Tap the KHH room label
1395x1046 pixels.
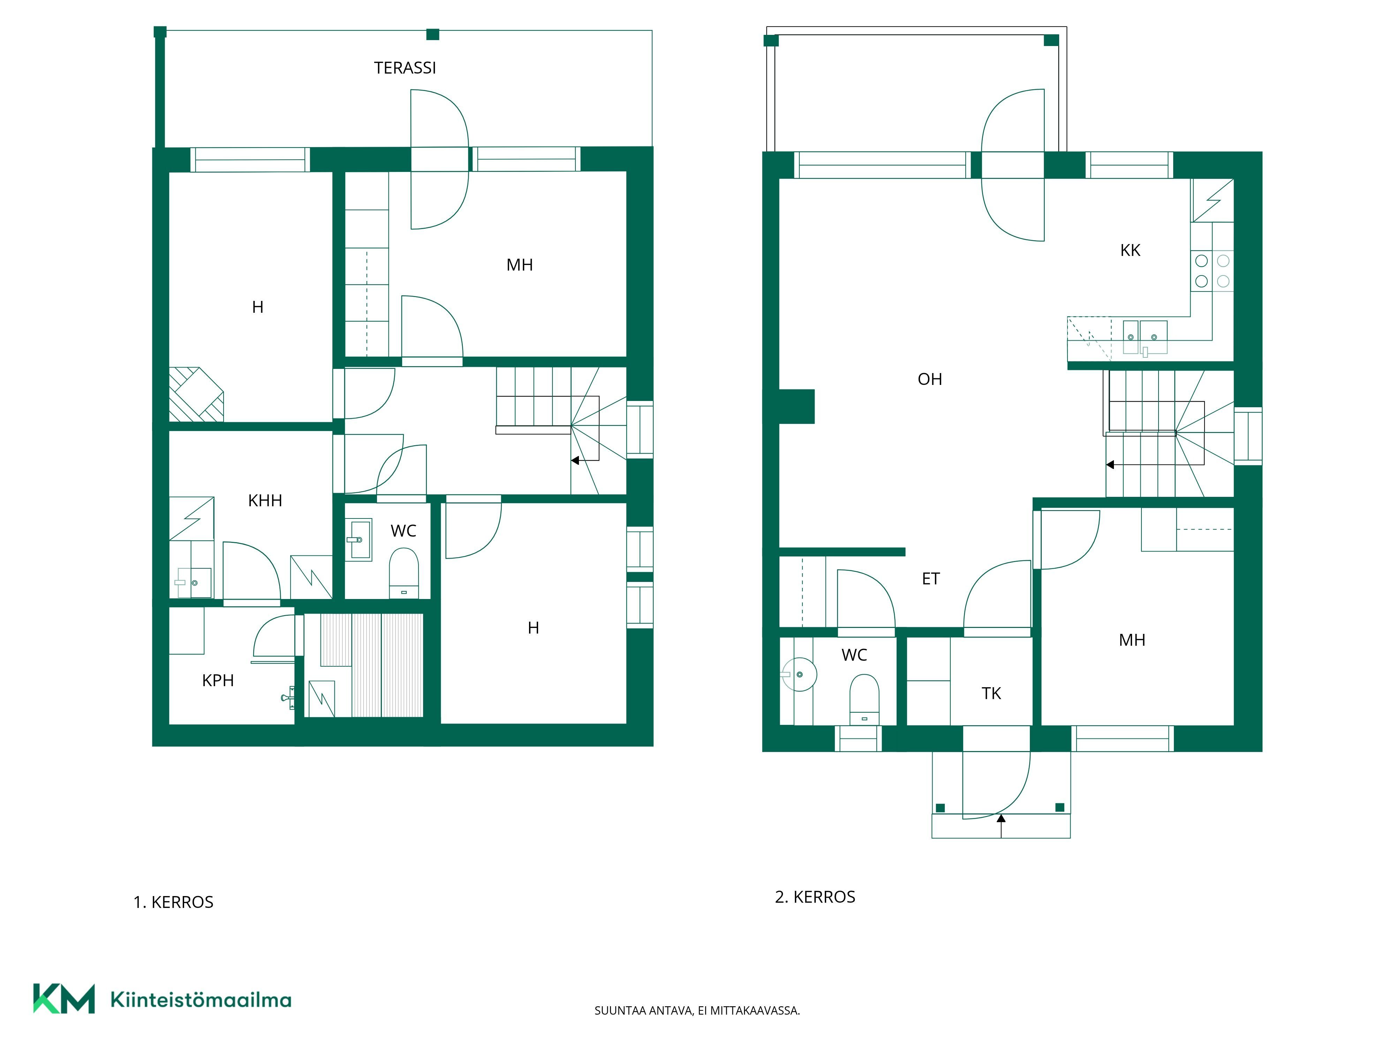pos(265,501)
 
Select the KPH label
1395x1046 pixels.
pos(218,680)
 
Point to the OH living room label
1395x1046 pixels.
pos(929,379)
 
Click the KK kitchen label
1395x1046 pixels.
pos(1130,250)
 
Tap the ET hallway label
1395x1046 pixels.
pos(931,579)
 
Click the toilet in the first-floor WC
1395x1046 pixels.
pos(404,573)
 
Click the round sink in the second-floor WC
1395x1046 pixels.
pos(800,675)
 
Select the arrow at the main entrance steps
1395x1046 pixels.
pos(1001,826)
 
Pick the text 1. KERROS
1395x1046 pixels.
pos(173,902)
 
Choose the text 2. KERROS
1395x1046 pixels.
pos(815,897)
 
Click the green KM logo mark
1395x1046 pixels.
pos(64,998)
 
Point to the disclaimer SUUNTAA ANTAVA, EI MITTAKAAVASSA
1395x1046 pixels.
pos(697,1011)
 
